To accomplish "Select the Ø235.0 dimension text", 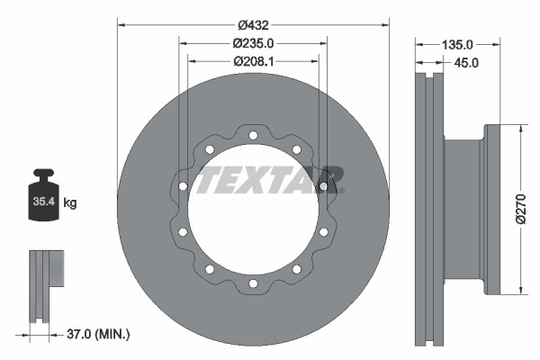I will click(253, 42).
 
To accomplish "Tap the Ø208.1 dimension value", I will click(253, 61).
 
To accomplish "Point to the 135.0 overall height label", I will click(457, 43).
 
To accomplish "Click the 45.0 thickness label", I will click(467, 62).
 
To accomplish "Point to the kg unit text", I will click(70, 203).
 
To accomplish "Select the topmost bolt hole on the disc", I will click(253, 136).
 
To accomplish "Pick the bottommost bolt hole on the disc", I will click(253, 283).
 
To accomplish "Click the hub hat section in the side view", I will click(464, 209).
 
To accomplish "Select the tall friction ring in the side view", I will click(427, 209).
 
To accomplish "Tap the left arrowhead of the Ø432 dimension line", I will click(121, 23).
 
